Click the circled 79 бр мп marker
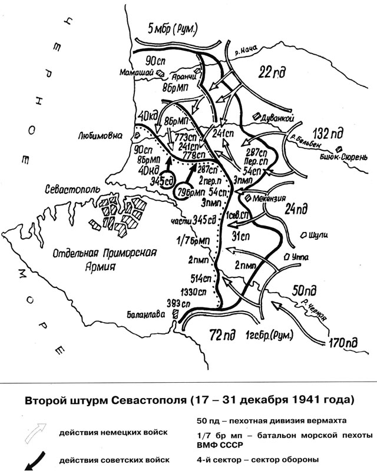[187, 190]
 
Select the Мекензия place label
[275, 198]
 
